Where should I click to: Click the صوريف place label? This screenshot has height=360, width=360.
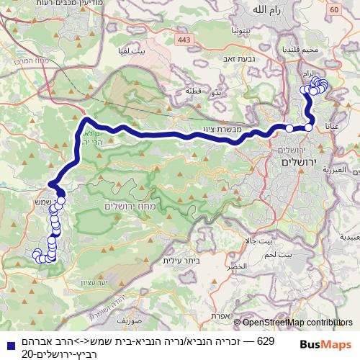point(134,317)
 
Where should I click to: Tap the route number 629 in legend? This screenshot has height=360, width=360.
point(266,340)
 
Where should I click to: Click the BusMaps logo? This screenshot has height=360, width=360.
point(325,345)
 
